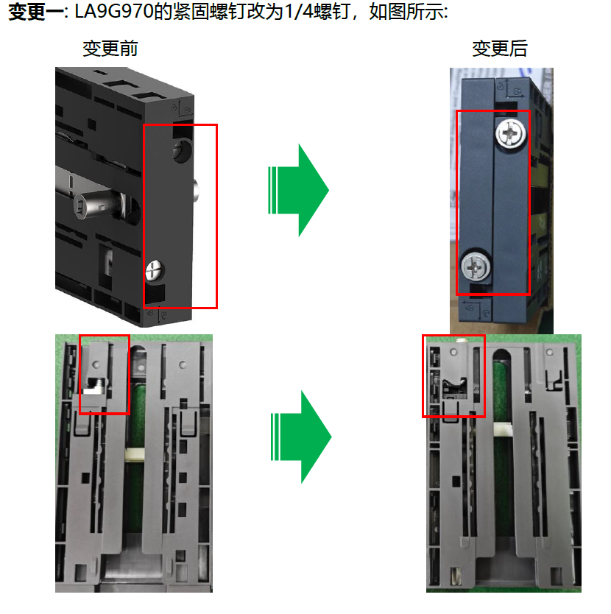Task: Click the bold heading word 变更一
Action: point(36,12)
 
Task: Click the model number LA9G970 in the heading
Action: point(113,12)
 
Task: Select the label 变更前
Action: point(110,49)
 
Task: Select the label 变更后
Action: point(500,49)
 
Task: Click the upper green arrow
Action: point(298,190)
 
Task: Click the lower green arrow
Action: point(301,437)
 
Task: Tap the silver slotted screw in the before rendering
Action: point(155,270)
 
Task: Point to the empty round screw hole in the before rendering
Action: point(183,151)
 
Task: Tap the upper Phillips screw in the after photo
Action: point(511,133)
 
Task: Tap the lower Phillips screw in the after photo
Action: point(476,267)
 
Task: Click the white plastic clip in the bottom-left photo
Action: point(134,455)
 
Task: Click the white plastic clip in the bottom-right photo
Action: point(503,429)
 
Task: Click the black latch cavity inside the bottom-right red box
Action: point(454,388)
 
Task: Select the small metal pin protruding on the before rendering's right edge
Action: point(196,190)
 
